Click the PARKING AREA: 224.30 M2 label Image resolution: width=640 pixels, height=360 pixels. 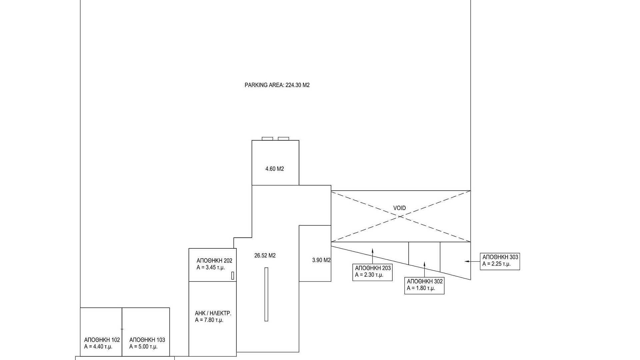pos(277,85)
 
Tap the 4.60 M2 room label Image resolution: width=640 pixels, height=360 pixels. pos(274,169)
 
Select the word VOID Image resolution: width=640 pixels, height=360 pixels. pos(399,208)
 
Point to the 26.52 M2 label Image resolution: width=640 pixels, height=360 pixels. pos(265,256)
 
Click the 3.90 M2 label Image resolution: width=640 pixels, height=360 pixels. pos(321,260)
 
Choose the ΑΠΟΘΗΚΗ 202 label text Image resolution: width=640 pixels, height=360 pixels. pos(214,261)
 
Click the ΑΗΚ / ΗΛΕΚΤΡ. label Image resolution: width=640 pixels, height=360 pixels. pos(213,313)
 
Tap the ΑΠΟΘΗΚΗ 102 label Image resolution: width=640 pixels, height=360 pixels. pos(102,340)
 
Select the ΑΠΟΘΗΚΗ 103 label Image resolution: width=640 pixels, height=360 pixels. pos(147,340)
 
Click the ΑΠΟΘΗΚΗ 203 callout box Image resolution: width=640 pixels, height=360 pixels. pos(372,272)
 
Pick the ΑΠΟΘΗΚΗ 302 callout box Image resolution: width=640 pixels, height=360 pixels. pos(424,285)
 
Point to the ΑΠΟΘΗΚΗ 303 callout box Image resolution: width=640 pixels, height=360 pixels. pos(500,261)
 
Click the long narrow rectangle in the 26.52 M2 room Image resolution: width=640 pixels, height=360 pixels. pos(266,294)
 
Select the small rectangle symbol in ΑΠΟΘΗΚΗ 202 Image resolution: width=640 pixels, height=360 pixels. pos(233,275)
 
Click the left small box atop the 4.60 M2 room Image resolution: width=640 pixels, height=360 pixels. pos(267,139)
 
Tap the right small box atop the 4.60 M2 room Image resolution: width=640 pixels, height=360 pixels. pos(283,139)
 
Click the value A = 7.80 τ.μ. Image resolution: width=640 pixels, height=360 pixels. pos(209,320)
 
